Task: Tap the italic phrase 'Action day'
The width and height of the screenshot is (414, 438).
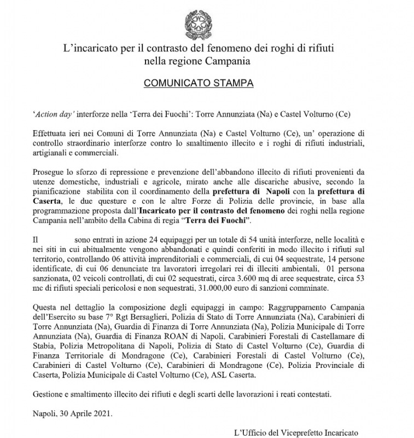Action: [53, 114]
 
